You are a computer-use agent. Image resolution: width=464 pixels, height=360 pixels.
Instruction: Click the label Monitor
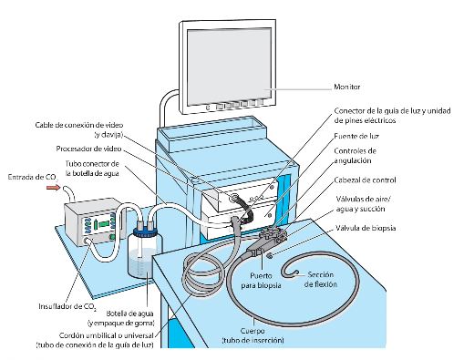point(347,87)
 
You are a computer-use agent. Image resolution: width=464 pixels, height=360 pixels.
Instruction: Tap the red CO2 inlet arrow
point(53,188)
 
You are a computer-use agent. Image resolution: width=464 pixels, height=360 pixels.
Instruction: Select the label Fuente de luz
point(356,136)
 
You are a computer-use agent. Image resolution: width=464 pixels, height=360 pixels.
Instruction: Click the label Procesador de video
point(88,149)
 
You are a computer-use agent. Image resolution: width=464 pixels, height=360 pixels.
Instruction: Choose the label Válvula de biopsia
point(366,228)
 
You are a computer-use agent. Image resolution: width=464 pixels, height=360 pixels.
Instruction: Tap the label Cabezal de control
point(365,180)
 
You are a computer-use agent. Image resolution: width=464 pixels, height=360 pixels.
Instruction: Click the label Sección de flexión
point(321,280)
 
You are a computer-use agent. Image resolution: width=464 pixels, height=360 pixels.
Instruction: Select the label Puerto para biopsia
point(261,281)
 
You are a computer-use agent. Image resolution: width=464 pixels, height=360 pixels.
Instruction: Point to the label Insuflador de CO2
point(67,306)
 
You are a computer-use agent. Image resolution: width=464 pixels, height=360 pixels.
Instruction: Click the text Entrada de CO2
point(33,178)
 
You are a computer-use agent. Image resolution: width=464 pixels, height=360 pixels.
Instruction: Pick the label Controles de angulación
point(355,156)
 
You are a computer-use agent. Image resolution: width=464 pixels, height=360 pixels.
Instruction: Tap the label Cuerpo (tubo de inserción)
point(253,335)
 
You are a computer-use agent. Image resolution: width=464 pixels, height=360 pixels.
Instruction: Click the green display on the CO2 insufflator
point(104,223)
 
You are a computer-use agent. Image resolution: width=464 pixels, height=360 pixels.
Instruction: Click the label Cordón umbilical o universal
point(107,335)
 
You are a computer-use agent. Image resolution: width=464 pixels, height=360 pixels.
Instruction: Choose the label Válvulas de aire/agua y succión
point(364,204)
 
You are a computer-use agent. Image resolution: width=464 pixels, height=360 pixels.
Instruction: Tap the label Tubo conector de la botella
point(92,169)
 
